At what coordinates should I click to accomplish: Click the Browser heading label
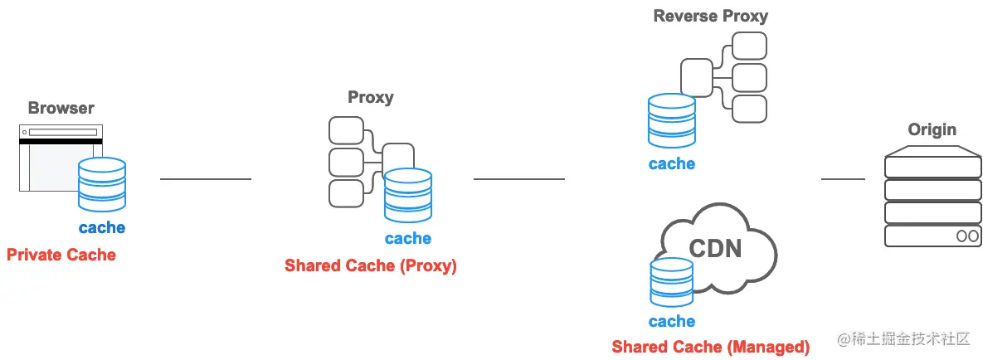[61, 108]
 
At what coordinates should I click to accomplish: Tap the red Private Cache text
[61, 255]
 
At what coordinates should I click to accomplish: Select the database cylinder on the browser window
[101, 184]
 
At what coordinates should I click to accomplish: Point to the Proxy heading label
[370, 97]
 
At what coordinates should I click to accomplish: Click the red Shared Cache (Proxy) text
[371, 266]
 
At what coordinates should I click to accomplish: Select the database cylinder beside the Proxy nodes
[408, 195]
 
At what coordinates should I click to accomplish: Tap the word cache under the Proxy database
[408, 239]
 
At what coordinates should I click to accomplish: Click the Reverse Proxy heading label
[710, 16]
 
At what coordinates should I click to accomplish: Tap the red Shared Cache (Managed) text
[710, 347]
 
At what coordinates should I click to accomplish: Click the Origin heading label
[932, 129]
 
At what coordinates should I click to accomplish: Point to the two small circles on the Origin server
[967, 236]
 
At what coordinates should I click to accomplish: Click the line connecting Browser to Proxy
[206, 178]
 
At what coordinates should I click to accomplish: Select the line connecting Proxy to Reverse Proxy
[518, 178]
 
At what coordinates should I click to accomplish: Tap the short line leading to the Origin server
[843, 178]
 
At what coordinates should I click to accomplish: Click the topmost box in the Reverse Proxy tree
[749, 46]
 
